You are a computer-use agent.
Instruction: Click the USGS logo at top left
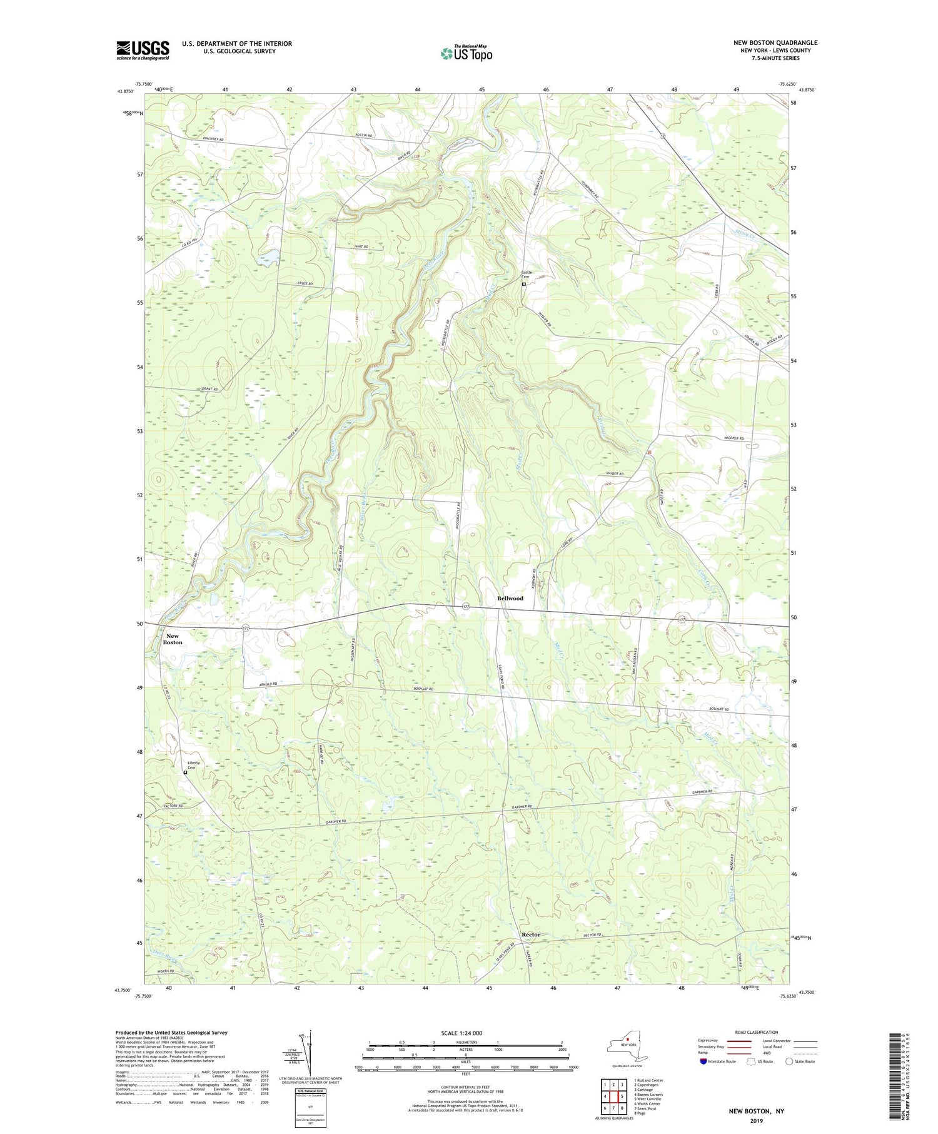143,50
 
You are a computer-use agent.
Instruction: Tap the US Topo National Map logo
466,53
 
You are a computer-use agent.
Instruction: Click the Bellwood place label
510,599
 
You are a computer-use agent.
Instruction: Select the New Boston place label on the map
173,639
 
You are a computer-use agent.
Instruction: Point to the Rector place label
531,934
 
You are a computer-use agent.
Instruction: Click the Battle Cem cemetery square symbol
523,284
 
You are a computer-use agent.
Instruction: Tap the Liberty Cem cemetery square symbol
185,772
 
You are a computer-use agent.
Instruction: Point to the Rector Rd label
591,935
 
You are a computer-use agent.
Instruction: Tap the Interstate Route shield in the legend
703,1061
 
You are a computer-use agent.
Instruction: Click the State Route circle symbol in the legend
789,1061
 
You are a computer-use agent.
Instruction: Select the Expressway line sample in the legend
740,1041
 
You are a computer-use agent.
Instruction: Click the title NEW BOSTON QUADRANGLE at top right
775,43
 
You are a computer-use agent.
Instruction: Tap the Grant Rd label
209,390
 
